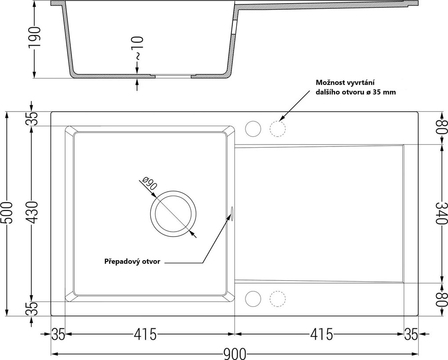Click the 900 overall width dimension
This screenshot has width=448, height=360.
(x=235, y=354)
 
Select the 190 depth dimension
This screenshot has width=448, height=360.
(x=35, y=37)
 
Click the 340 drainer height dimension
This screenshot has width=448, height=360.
(x=442, y=213)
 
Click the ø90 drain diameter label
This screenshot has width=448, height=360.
(x=149, y=184)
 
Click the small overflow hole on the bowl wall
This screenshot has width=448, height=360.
(x=232, y=213)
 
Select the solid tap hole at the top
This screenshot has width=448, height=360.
(x=253, y=129)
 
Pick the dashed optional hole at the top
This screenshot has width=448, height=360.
(x=278, y=129)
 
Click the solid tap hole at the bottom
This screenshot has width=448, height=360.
(x=253, y=299)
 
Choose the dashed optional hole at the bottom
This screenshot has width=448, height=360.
(x=278, y=299)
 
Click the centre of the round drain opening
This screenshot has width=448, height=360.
(x=173, y=214)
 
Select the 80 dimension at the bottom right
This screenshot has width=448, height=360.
(x=442, y=299)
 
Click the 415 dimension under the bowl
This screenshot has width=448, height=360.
(x=145, y=334)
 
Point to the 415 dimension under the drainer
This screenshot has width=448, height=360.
(x=322, y=334)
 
